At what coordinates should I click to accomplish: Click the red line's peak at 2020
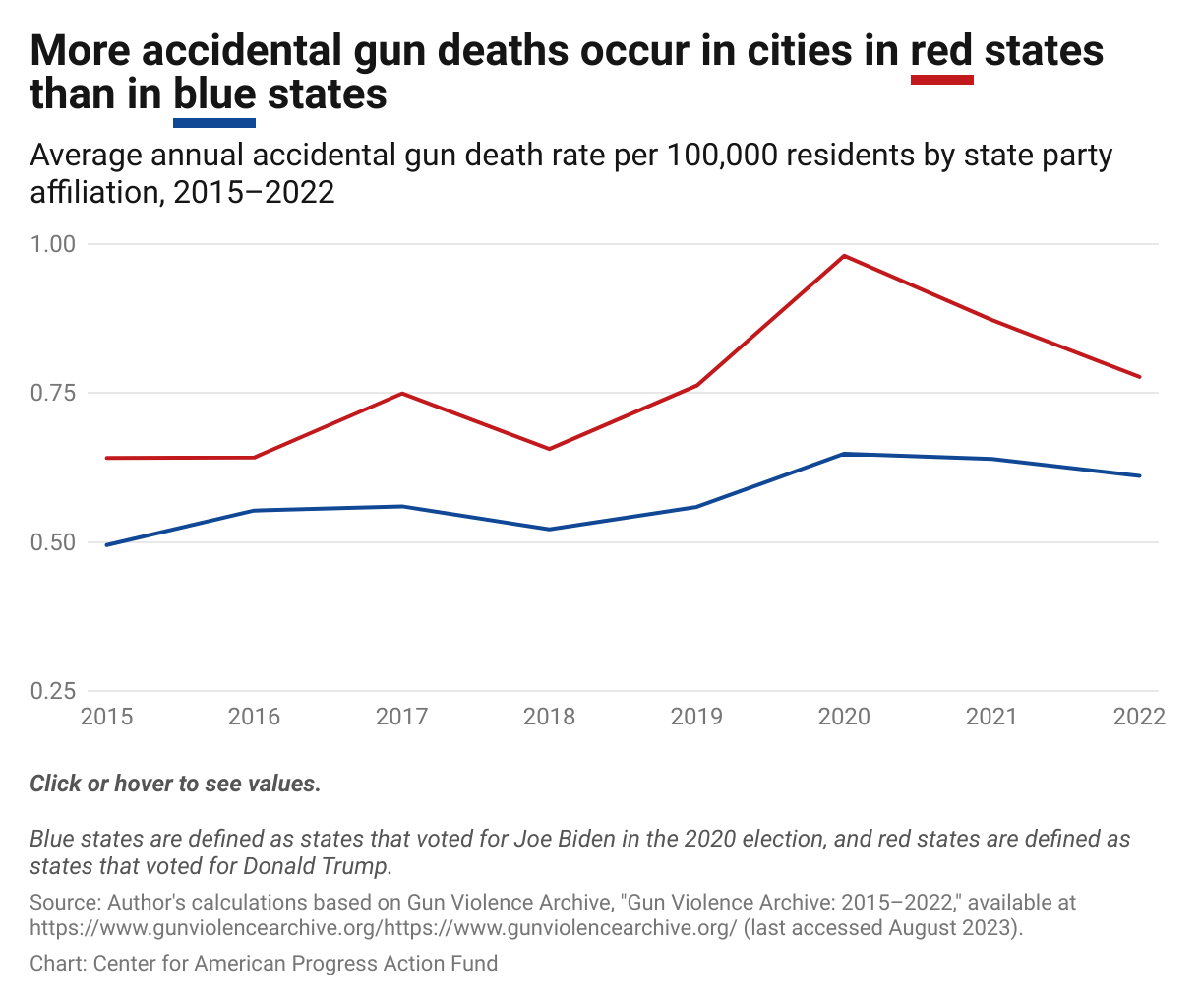pyautogui.click(x=844, y=256)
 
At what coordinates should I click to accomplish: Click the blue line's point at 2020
pyautogui.click(x=844, y=454)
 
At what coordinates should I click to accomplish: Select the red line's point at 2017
pyautogui.click(x=401, y=394)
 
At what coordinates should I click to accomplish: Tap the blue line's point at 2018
pyautogui.click(x=549, y=530)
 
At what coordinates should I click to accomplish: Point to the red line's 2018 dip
pyautogui.click(x=549, y=449)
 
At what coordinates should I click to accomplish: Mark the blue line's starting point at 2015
pyautogui.click(x=106, y=544)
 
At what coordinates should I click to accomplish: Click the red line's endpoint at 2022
pyautogui.click(x=1139, y=376)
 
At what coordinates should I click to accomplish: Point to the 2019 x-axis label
pyautogui.click(x=696, y=717)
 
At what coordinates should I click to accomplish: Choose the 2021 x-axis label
pyautogui.click(x=991, y=717)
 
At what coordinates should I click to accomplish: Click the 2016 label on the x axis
pyautogui.click(x=254, y=717)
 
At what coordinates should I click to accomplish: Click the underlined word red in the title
pyautogui.click(x=941, y=51)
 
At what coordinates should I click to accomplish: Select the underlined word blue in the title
pyautogui.click(x=214, y=94)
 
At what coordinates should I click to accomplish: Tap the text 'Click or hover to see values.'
pyautogui.click(x=175, y=784)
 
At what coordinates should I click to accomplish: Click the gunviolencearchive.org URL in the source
pyautogui.click(x=383, y=927)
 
